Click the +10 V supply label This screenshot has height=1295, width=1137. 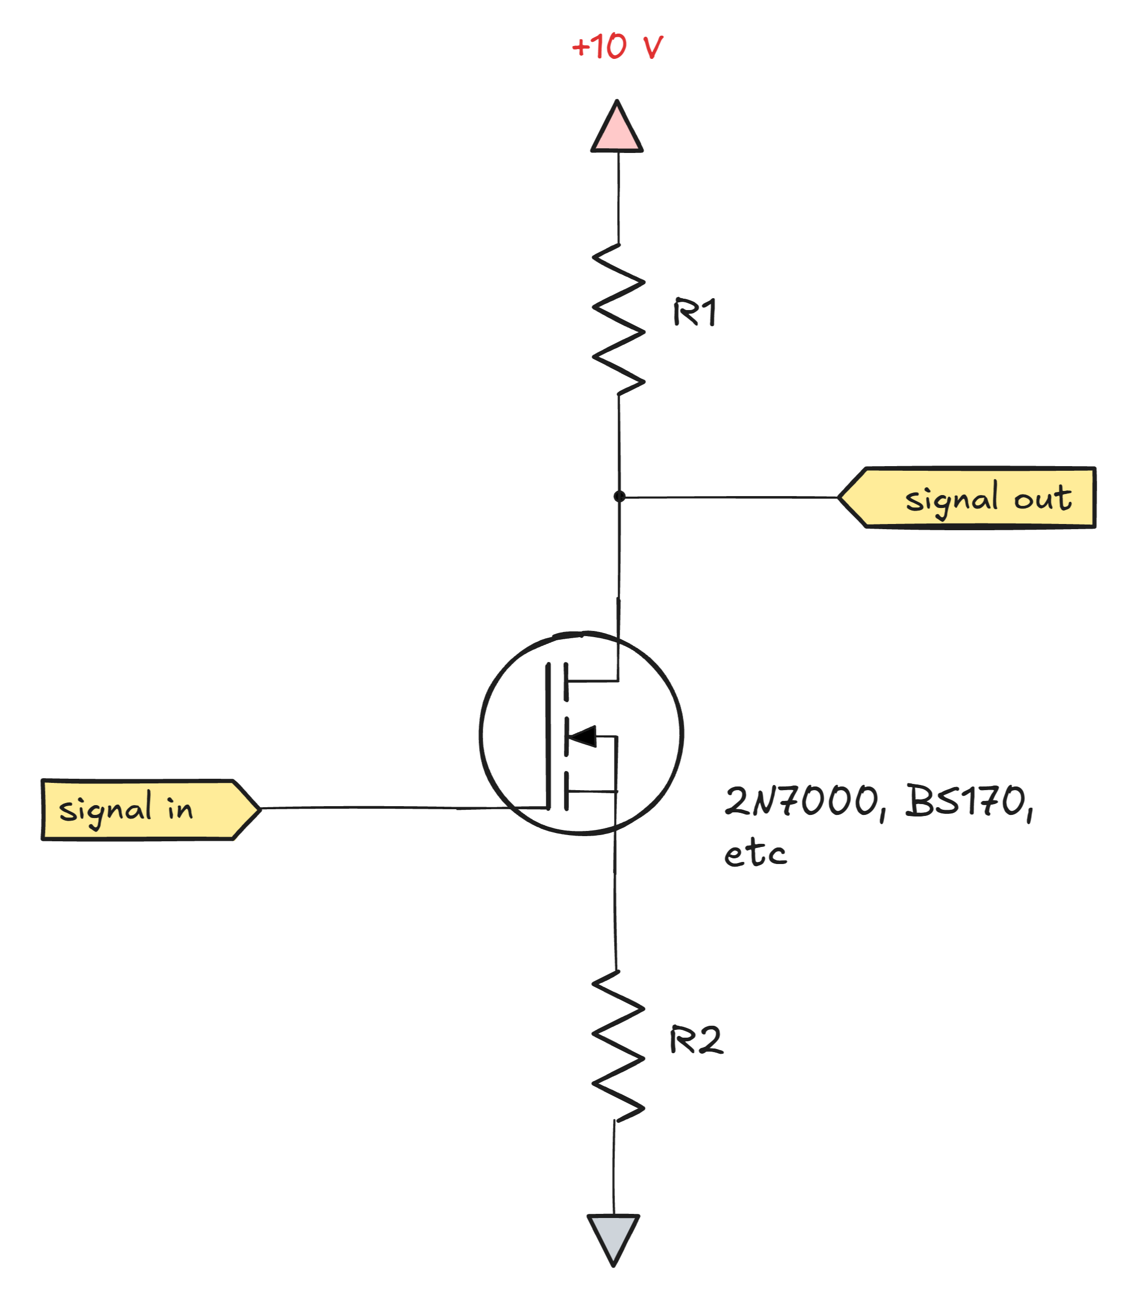(x=616, y=47)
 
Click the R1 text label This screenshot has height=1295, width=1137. (x=695, y=312)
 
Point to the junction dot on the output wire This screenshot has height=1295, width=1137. (x=619, y=497)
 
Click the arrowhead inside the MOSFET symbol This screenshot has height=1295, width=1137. (x=583, y=736)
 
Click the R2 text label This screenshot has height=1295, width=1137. (x=695, y=1040)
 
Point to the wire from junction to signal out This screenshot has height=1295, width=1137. (x=729, y=497)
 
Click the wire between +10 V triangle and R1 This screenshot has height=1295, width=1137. (x=619, y=196)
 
